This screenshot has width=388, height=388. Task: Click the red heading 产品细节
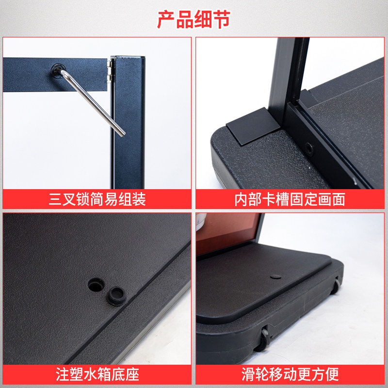coord(194,19)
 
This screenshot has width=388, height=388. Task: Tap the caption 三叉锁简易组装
coord(97,199)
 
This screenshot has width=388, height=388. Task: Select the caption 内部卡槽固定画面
coord(290,199)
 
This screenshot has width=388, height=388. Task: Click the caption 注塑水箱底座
coord(97,374)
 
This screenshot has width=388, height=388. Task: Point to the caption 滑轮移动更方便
coord(290,374)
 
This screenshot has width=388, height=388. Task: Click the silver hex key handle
coord(93,103)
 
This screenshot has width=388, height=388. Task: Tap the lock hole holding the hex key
coord(58,71)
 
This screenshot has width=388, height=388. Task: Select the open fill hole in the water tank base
coord(96,285)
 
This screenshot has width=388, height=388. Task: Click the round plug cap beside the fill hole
coord(116,296)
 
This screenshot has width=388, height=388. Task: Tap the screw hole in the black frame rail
coord(309,149)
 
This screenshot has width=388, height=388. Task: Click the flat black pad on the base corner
coord(252,126)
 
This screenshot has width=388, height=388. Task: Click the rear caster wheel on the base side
coord(336,286)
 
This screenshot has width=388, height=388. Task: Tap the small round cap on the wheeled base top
coord(275,276)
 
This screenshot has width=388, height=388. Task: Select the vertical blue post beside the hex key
coord(128,123)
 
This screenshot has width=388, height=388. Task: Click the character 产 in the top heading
coord(166,19)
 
